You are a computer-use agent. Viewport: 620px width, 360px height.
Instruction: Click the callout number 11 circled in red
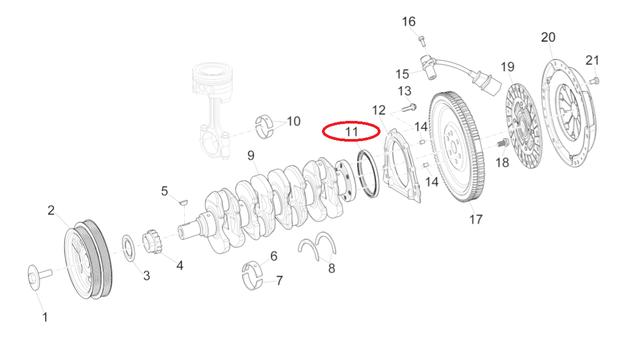(351, 130)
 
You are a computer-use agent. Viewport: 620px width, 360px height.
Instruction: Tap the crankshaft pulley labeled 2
(87, 258)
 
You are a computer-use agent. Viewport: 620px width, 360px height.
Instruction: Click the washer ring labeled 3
(129, 247)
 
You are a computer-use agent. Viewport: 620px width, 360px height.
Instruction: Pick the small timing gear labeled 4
(153, 241)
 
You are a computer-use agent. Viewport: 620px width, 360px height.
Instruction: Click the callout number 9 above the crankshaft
(251, 156)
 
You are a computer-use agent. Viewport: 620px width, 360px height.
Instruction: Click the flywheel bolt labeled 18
(501, 143)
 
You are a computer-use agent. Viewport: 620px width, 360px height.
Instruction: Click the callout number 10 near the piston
(294, 121)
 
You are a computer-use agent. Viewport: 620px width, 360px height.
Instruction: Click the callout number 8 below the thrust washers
(332, 268)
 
